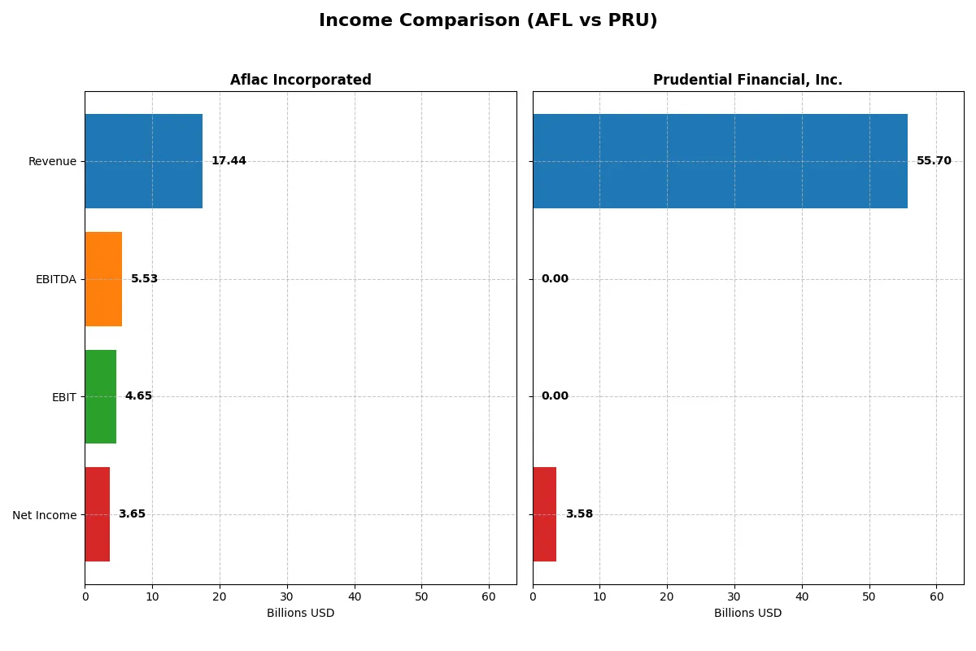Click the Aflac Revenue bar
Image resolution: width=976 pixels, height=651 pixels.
(143, 161)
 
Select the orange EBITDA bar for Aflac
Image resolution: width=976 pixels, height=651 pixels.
(103, 279)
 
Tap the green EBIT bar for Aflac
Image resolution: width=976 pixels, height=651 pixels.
(100, 396)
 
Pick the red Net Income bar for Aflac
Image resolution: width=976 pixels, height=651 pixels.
(97, 514)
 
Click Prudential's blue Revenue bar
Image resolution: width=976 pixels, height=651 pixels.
(720, 161)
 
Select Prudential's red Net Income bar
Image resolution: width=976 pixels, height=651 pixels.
(544, 514)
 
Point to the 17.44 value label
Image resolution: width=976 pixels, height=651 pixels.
(229, 161)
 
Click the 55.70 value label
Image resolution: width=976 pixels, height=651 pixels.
(934, 161)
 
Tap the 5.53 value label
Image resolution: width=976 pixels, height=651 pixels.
(144, 279)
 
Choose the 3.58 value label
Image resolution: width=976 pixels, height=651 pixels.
(579, 514)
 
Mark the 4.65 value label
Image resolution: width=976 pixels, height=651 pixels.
(138, 396)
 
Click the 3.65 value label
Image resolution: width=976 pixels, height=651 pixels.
(132, 514)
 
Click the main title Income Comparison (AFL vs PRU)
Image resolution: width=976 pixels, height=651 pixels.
(488, 21)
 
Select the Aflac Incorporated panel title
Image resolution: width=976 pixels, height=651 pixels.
(300, 81)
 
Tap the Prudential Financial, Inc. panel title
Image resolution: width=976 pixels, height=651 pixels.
(747, 81)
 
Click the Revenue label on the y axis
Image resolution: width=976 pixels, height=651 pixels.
(52, 162)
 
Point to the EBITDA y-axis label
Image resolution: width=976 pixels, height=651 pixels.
(55, 280)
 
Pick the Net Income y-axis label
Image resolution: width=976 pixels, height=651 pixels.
(45, 515)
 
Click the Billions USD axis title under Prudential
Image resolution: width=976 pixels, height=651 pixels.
(747, 614)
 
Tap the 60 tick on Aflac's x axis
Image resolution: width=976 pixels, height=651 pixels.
(489, 596)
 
